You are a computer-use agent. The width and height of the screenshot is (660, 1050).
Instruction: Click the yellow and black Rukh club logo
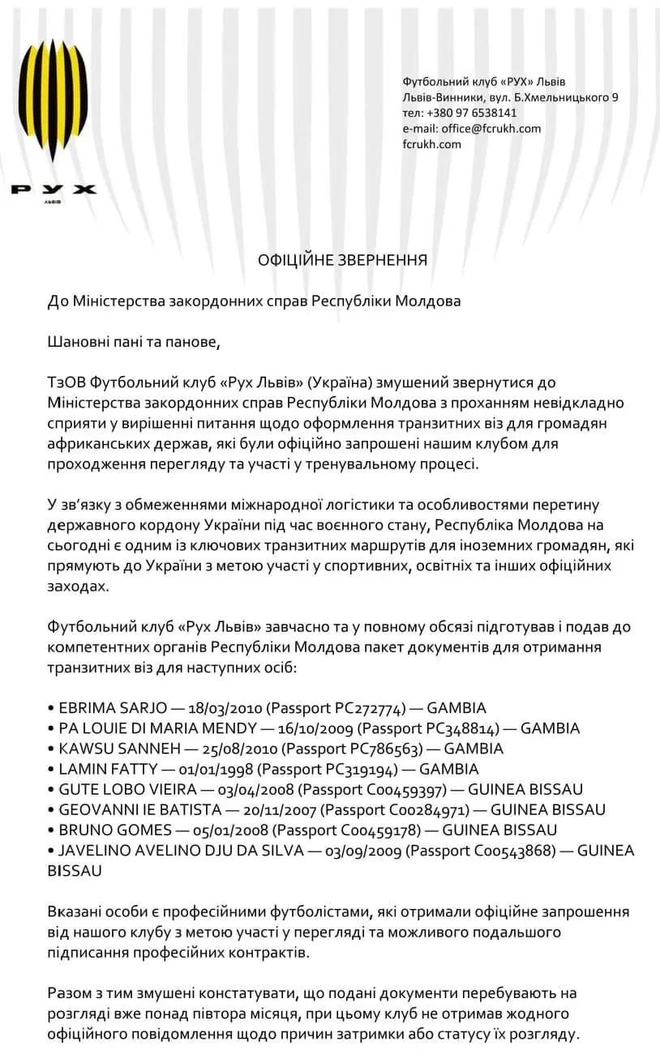pos(53,105)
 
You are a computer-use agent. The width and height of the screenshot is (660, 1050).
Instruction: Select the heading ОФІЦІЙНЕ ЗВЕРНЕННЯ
pos(342,260)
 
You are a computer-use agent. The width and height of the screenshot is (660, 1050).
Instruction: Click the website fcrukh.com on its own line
pos(431,143)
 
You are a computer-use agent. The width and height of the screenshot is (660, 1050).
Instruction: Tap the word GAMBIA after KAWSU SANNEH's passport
pos(474,748)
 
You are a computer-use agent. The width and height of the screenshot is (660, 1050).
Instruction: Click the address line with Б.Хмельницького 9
pos(511,97)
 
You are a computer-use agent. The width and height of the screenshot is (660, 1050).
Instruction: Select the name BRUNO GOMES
pos(115,829)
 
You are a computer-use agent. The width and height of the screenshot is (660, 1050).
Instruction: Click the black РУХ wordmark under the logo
pos(53,190)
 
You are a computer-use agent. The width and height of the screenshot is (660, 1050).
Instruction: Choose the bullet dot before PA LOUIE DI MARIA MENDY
pos(51,728)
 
